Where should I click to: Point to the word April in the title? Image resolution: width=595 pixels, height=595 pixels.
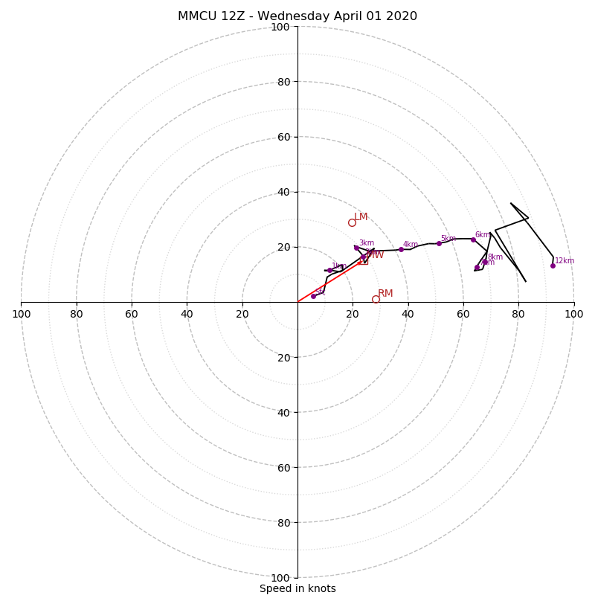(341, 16)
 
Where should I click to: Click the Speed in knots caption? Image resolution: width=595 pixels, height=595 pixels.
(297, 588)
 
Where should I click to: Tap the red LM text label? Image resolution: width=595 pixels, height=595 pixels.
(361, 217)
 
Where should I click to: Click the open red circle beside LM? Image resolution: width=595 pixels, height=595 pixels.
(352, 222)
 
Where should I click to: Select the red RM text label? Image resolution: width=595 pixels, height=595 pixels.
(385, 294)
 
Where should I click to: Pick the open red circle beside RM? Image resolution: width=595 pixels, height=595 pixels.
(376, 299)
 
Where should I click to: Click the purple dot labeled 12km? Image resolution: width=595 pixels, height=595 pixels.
(553, 266)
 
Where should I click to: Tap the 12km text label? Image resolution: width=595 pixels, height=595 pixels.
(565, 261)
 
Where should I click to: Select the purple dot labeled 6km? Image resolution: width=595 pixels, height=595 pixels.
(473, 239)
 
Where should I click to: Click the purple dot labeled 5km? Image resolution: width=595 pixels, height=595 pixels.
(439, 243)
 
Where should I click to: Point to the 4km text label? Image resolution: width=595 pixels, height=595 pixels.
(411, 245)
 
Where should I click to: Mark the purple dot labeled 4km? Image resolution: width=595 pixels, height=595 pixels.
(401, 249)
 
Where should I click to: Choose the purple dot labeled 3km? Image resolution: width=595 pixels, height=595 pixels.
(356, 248)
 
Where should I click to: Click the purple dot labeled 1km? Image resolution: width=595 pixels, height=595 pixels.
(329, 270)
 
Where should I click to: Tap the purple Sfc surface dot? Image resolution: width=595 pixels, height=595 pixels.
(313, 296)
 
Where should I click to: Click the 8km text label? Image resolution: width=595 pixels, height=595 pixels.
(495, 257)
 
